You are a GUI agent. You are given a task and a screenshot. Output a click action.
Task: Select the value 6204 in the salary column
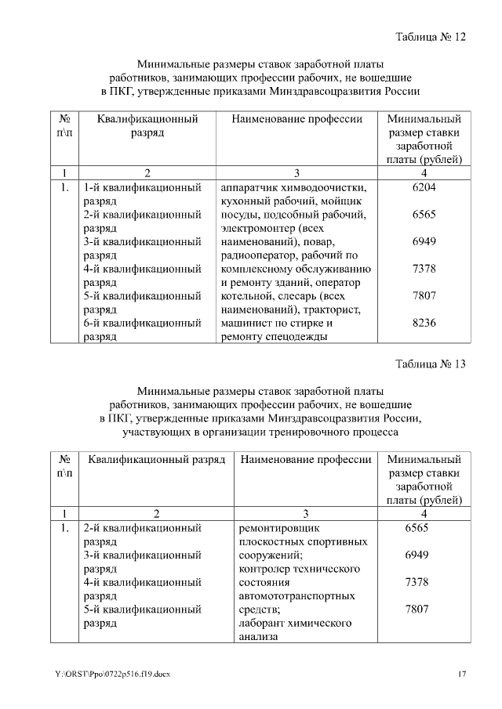pyautogui.click(x=424, y=188)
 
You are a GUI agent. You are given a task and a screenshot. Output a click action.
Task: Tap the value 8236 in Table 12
pyautogui.click(x=424, y=323)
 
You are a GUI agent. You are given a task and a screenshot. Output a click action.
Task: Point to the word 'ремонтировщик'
pyautogui.click(x=279, y=528)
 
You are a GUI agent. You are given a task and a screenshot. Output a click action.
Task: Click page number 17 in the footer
pyautogui.click(x=462, y=675)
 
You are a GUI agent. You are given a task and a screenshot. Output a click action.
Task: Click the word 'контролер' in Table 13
pyautogui.click(x=263, y=569)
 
